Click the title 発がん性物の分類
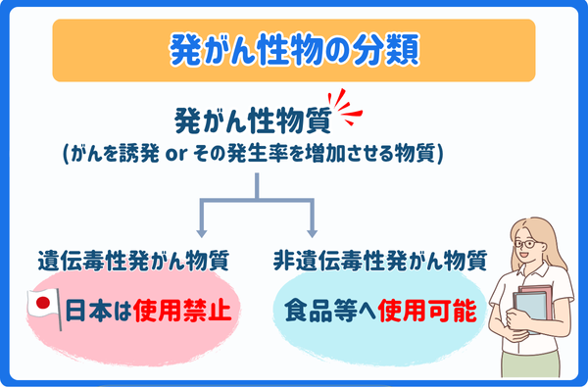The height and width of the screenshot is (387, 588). pyautogui.click(x=294, y=48)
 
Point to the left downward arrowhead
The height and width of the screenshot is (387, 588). pyautogui.click(x=201, y=232)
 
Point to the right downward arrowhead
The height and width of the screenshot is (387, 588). pyautogui.click(x=313, y=232)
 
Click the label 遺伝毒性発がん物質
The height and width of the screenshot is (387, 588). pyautogui.click(x=133, y=262)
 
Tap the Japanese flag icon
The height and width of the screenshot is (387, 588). pyautogui.click(x=42, y=308)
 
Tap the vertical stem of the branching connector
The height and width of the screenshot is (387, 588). pyautogui.click(x=257, y=186)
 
